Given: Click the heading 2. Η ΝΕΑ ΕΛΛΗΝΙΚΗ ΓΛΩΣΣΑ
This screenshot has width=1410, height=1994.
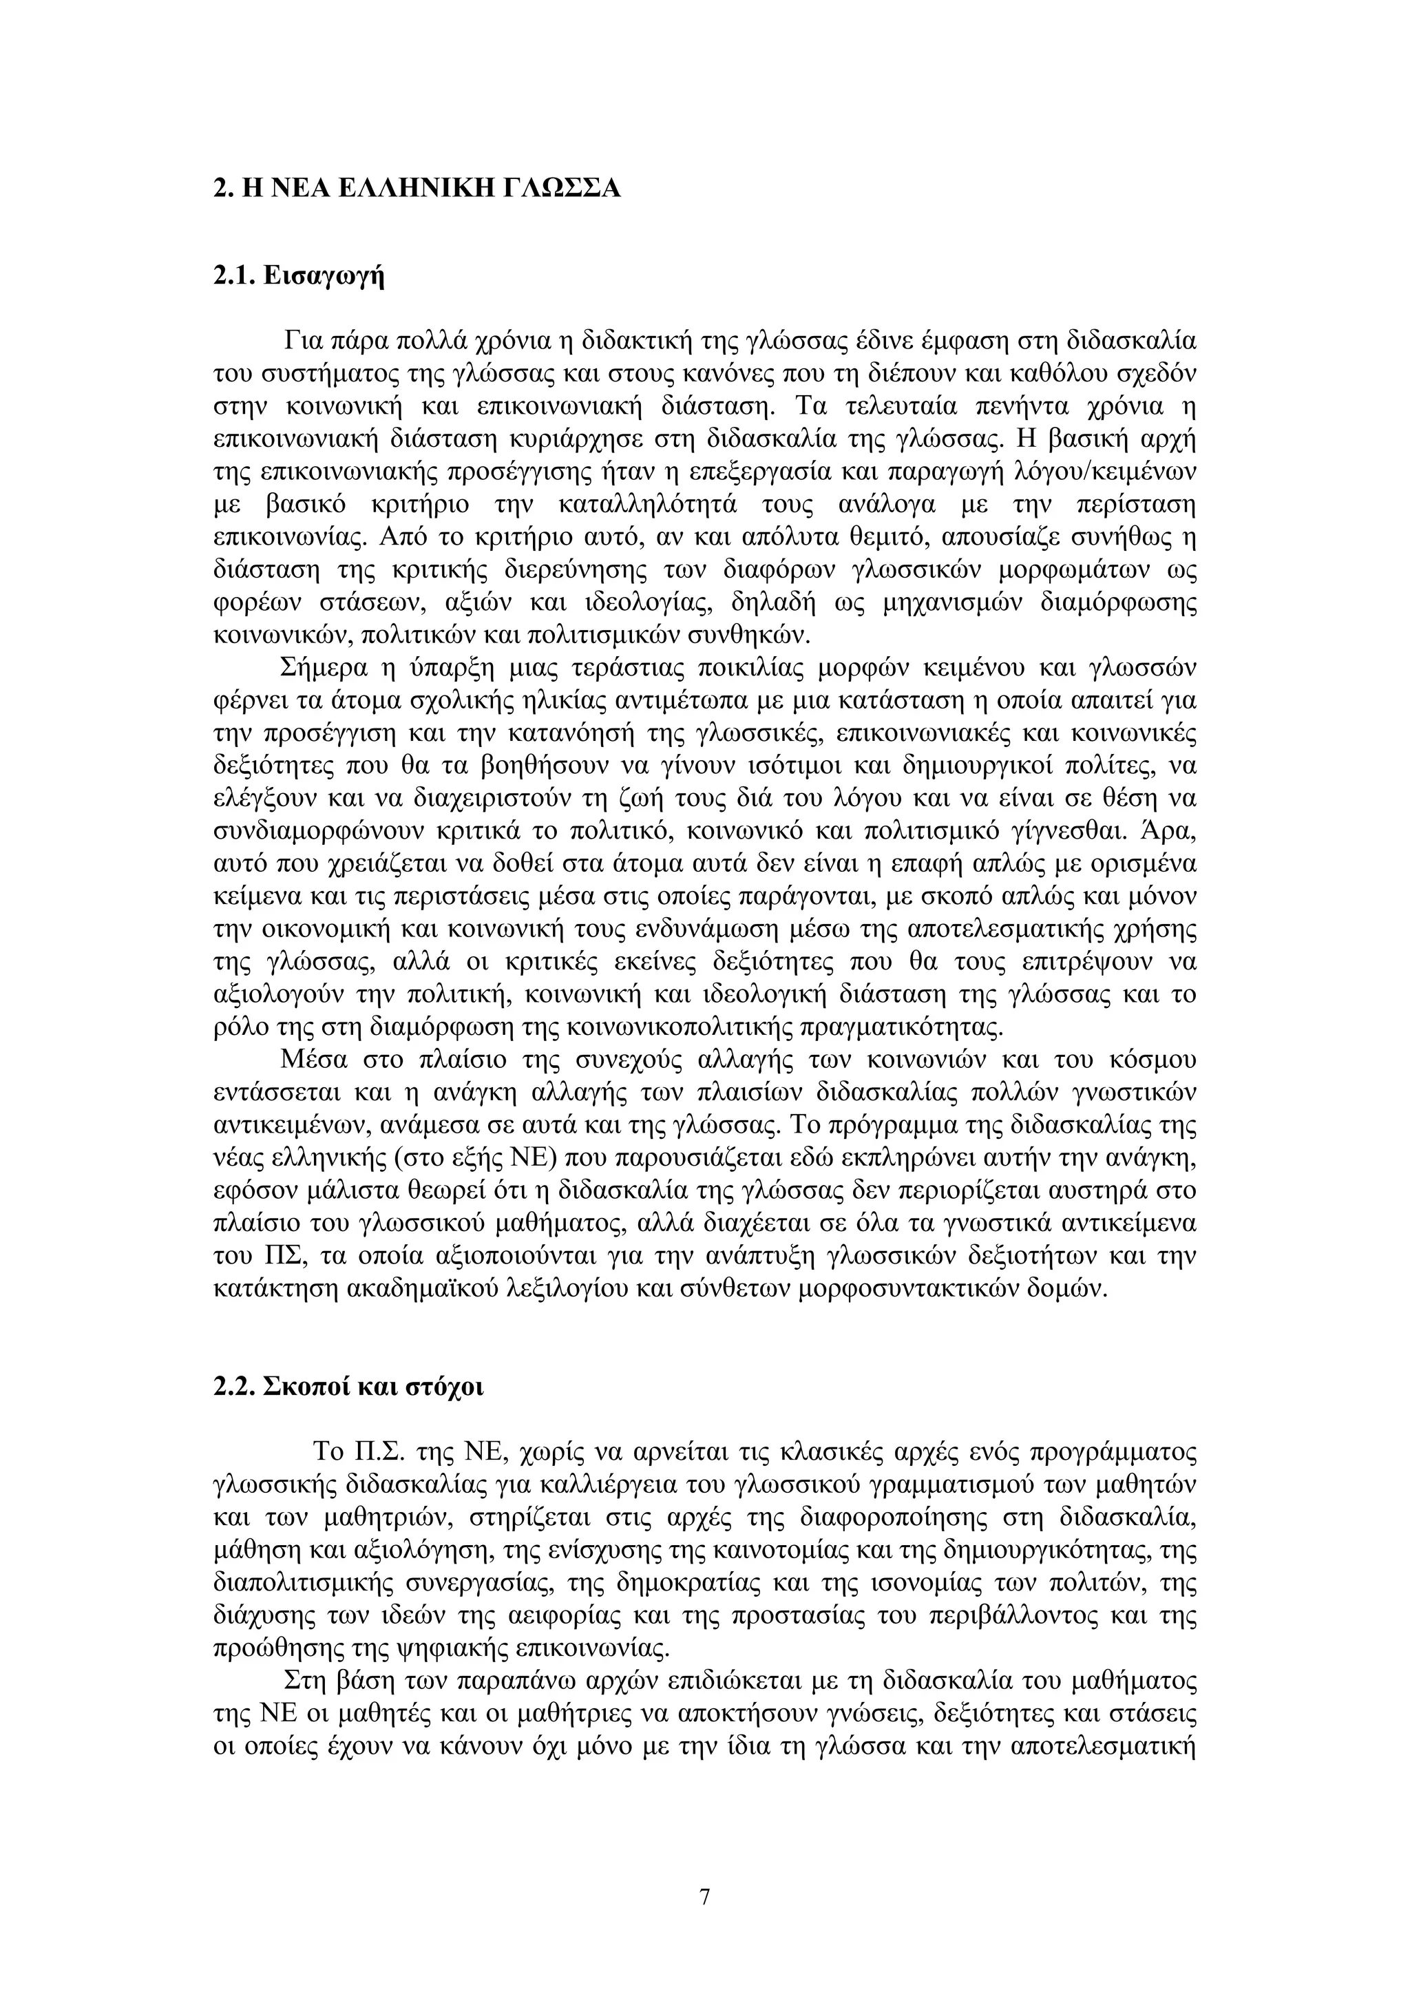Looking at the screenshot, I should tap(417, 187).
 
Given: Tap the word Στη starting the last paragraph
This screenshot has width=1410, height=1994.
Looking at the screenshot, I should tap(300, 1681).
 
